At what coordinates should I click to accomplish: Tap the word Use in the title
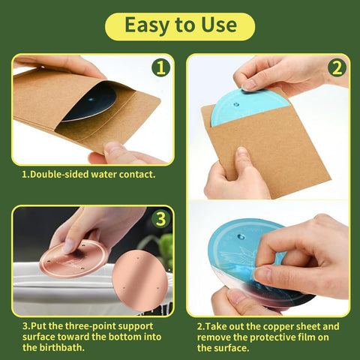click(x=219, y=25)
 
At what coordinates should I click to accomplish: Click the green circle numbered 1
click(x=160, y=67)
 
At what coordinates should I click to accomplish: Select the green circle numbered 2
click(x=337, y=67)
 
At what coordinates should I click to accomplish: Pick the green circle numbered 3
click(x=160, y=219)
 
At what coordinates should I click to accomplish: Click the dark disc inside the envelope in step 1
click(x=90, y=103)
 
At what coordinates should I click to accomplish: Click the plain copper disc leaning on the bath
click(x=140, y=280)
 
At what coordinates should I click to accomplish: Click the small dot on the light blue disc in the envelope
click(x=236, y=104)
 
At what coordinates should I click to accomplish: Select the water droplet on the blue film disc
click(x=241, y=237)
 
